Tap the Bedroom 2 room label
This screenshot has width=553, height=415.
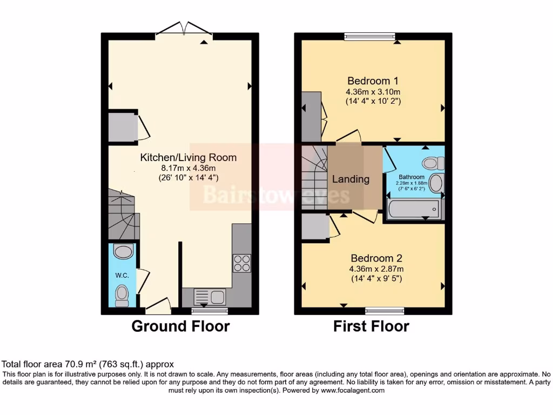coord(376,258)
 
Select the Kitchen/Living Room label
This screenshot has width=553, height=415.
coord(188,157)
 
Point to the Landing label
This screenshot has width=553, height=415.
coord(350,179)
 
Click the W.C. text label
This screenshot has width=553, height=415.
coord(122,275)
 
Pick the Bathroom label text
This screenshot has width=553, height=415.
coord(412,177)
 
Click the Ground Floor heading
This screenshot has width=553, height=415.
coord(180,326)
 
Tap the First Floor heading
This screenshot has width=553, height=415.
coord(370,326)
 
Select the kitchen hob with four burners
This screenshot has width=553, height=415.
coord(241,263)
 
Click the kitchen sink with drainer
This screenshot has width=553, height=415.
coord(209,297)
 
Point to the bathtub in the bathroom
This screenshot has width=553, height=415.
coord(414,209)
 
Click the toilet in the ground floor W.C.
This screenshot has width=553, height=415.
coord(122,293)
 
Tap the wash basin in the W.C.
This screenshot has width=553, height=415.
coord(124,252)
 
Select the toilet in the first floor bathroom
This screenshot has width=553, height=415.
coord(433,163)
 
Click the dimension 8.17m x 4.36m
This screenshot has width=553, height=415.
coord(188,168)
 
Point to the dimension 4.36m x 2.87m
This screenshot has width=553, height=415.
coord(376,269)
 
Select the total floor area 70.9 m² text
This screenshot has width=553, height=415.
coord(88,364)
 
